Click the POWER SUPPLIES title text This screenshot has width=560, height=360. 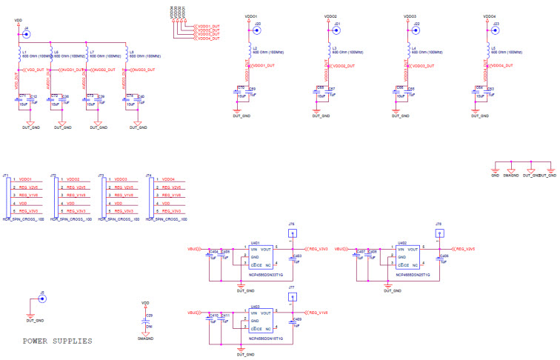click(x=58, y=341)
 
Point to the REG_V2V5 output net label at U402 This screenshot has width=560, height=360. click(x=465, y=249)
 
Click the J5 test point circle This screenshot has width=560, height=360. click(x=42, y=299)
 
